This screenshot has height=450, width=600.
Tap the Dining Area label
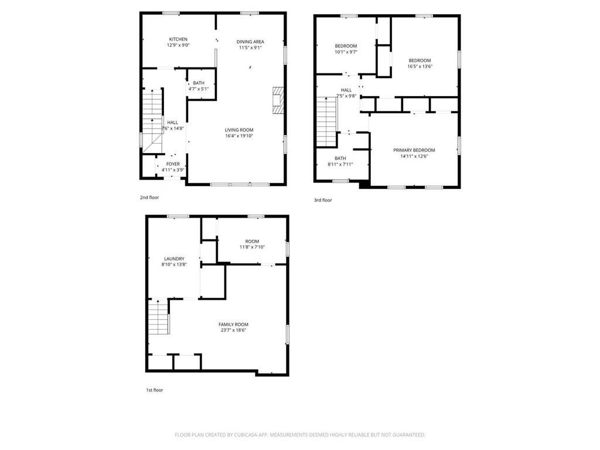coord(250,42)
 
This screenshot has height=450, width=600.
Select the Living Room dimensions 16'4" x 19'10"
coord(239,136)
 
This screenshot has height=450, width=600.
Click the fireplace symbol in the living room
coord(278,100)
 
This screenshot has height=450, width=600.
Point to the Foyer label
coord(173,164)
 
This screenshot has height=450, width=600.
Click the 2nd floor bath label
coord(199,83)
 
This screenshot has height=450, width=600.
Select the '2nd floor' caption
coord(149,198)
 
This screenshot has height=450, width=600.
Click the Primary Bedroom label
coord(414,150)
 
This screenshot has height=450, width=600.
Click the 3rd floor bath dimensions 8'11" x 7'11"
coord(340,164)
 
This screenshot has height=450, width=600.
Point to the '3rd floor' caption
coord(323,200)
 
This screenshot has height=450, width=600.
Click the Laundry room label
coord(174,259)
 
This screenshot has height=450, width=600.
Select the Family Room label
coord(233,324)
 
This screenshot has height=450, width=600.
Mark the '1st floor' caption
coord(155,390)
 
